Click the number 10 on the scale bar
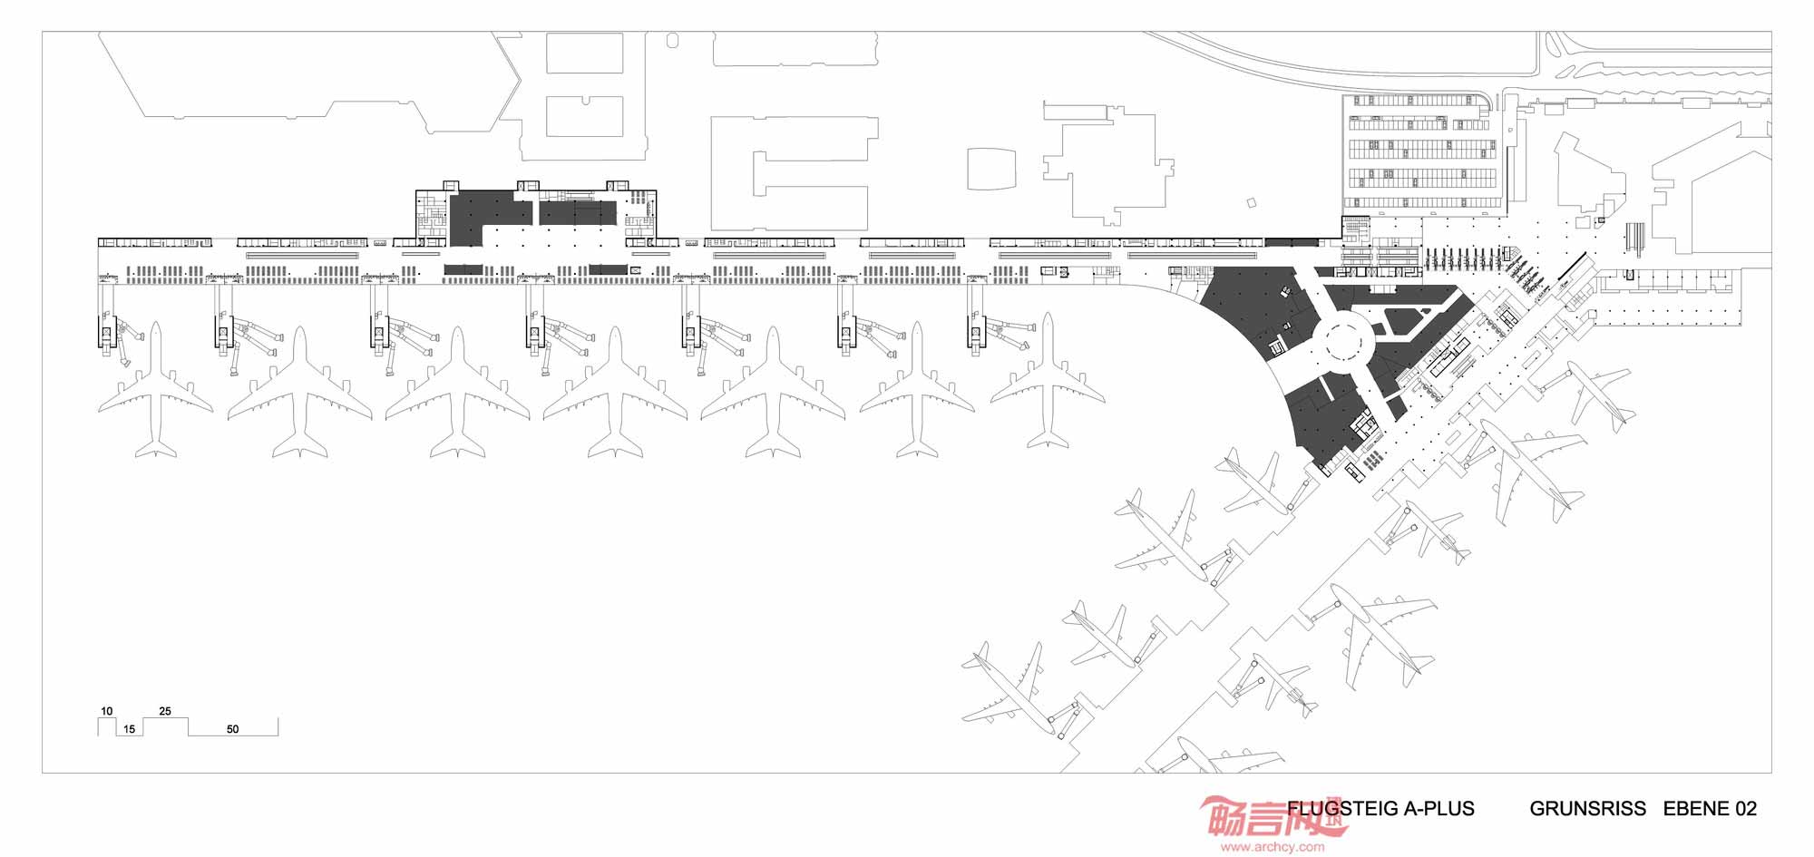pyautogui.click(x=107, y=711)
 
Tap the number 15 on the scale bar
pyautogui.click(x=130, y=729)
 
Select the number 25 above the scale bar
pyautogui.click(x=165, y=711)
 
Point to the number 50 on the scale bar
pyautogui.click(x=233, y=729)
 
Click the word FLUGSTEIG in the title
pyautogui.click(x=1341, y=809)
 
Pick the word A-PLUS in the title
pyautogui.click(x=1439, y=809)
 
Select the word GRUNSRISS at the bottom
pyautogui.click(x=1588, y=809)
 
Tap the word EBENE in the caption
pyautogui.click(x=1696, y=809)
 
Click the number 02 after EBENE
pyautogui.click(x=1746, y=809)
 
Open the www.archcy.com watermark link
pyautogui.click(x=1272, y=848)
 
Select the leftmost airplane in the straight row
pyautogui.click(x=156, y=389)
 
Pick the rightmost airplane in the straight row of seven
pyautogui.click(x=1048, y=381)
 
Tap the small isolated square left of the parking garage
pyautogui.click(x=1253, y=202)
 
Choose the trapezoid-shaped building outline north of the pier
pyautogui.click(x=991, y=169)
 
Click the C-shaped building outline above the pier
pyautogui.click(x=794, y=173)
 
